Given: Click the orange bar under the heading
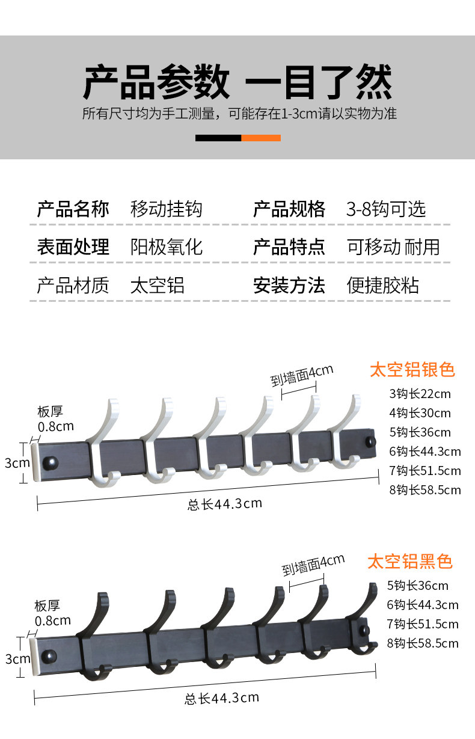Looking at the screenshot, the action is [x=261, y=138].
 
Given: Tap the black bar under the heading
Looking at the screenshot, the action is [x=218, y=138].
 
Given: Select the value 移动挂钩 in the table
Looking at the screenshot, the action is [x=167, y=209].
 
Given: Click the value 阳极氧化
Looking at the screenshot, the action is [x=167, y=247].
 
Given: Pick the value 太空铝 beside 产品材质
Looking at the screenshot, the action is [x=158, y=285].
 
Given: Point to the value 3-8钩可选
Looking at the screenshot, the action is [x=386, y=209].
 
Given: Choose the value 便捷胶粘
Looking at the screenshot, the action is [x=383, y=285].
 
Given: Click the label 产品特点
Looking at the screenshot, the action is [x=289, y=247].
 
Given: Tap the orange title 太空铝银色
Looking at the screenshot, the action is [x=412, y=369].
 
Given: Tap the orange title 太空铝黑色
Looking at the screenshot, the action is [x=410, y=562].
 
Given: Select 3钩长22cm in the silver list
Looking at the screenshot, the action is [x=420, y=394].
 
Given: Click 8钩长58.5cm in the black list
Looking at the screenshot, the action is [x=423, y=643].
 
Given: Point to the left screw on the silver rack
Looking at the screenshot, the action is [x=52, y=462].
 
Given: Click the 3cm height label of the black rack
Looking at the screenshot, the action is [x=17, y=659].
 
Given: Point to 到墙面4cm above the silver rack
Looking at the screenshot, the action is [x=301, y=375].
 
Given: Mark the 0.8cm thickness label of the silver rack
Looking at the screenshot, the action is [x=56, y=427].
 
